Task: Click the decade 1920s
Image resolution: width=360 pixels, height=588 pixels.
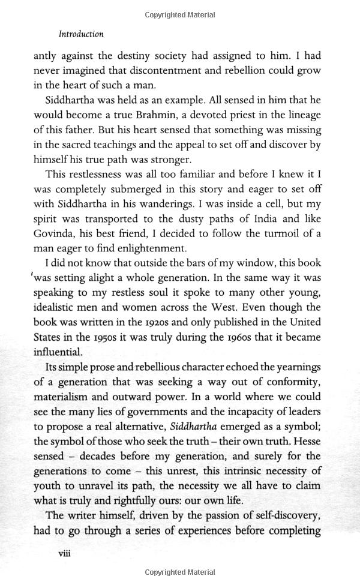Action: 170,322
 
